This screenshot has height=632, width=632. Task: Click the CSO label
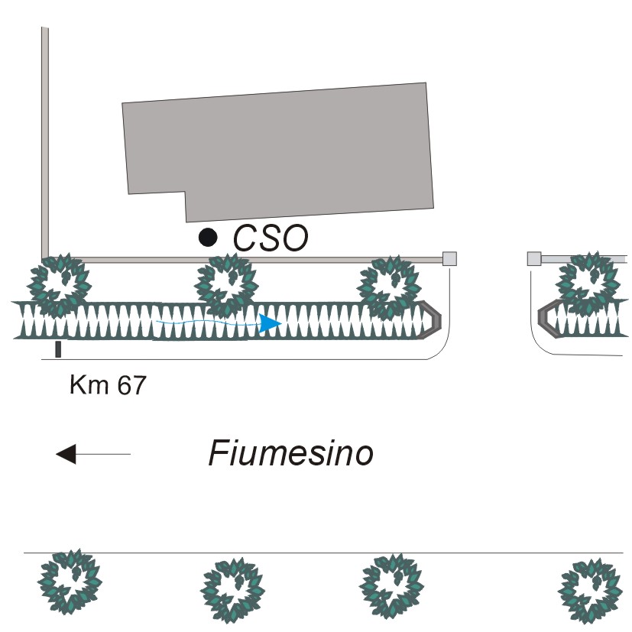point(271,238)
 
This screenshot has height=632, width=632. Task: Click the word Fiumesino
point(291,454)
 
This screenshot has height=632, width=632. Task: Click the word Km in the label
point(86,385)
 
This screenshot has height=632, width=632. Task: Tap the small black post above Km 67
point(58,349)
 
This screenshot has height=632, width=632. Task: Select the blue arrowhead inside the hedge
point(268,324)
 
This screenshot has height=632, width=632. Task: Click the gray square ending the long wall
point(449,258)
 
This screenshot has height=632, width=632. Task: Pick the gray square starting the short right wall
point(534,258)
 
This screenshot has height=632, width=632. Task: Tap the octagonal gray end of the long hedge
point(432,319)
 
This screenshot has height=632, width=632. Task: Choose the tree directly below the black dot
point(225,284)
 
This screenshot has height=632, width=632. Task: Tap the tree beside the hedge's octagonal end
point(389,287)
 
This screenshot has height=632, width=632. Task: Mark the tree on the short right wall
point(588,283)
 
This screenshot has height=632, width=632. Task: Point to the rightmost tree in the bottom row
point(588,589)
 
